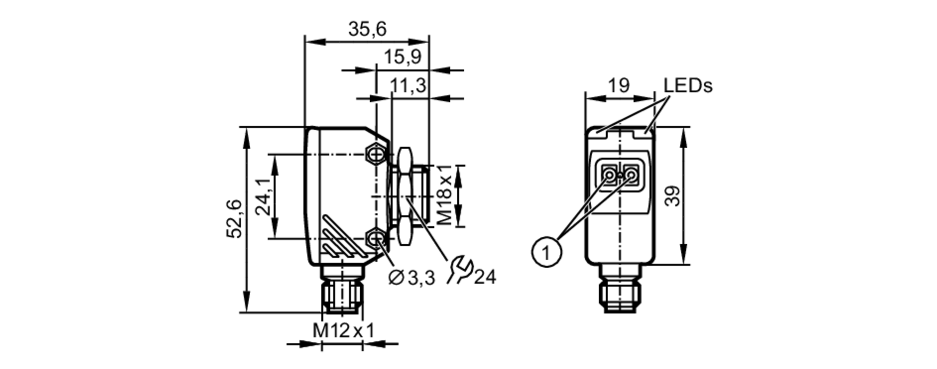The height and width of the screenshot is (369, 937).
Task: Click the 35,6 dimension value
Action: pyautogui.click(x=367, y=29)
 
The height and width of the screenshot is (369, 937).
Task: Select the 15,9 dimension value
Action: pyautogui.click(x=402, y=57)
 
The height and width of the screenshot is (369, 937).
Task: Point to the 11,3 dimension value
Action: pyautogui.click(x=408, y=86)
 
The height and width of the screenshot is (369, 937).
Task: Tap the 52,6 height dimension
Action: pyautogui.click(x=234, y=218)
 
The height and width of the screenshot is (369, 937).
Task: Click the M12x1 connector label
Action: pyautogui.click(x=343, y=331)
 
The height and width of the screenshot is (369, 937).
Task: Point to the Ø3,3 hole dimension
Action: pyautogui.click(x=412, y=278)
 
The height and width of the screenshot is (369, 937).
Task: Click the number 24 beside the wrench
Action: pyautogui.click(x=484, y=277)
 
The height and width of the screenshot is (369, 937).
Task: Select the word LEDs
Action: pyautogui.click(x=687, y=85)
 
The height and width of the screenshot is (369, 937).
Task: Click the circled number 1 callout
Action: pyautogui.click(x=546, y=253)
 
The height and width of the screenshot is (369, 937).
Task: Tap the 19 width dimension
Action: pyautogui.click(x=618, y=85)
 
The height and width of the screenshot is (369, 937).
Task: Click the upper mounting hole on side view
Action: pyautogui.click(x=375, y=153)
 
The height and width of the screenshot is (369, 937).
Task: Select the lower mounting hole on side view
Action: pyautogui.click(x=375, y=239)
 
